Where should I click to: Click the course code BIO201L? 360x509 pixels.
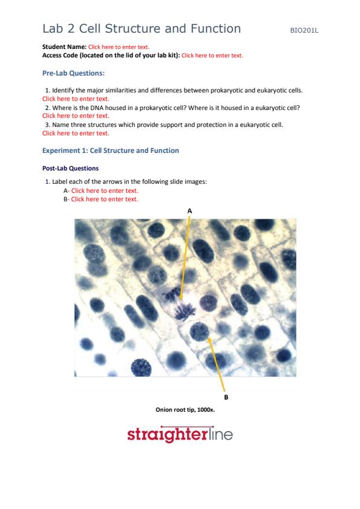pos(304,30)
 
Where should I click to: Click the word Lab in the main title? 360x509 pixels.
pos(53,28)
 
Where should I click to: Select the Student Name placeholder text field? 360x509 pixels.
pos(119,47)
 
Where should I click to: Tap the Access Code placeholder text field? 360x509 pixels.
pos(212,56)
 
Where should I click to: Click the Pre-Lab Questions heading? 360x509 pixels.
pos(73,73)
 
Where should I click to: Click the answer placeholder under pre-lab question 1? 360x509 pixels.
pos(76,99)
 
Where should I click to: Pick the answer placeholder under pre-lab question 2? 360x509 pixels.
pos(76,116)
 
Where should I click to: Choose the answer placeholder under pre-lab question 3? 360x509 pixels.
pos(76,133)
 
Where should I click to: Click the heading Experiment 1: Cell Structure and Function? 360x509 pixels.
pos(111,151)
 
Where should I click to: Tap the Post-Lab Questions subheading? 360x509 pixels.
pos(70,169)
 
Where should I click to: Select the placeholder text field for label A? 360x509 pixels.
pos(105,191)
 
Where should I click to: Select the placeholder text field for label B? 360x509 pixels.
pos(105,199)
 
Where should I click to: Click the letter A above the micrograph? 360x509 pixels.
pos(190,211)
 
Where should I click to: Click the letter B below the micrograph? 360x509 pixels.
pos(226,397)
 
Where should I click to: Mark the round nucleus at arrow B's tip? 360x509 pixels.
pos(199,331)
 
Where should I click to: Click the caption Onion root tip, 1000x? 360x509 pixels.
pos(185,410)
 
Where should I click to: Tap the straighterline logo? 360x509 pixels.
pos(180,434)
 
